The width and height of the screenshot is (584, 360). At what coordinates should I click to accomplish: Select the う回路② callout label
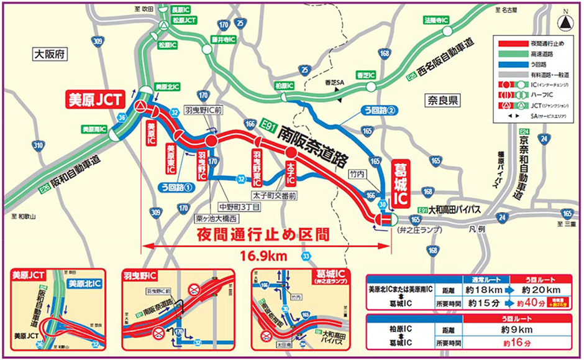[378, 111]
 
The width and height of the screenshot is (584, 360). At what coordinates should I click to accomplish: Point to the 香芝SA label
[334, 83]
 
